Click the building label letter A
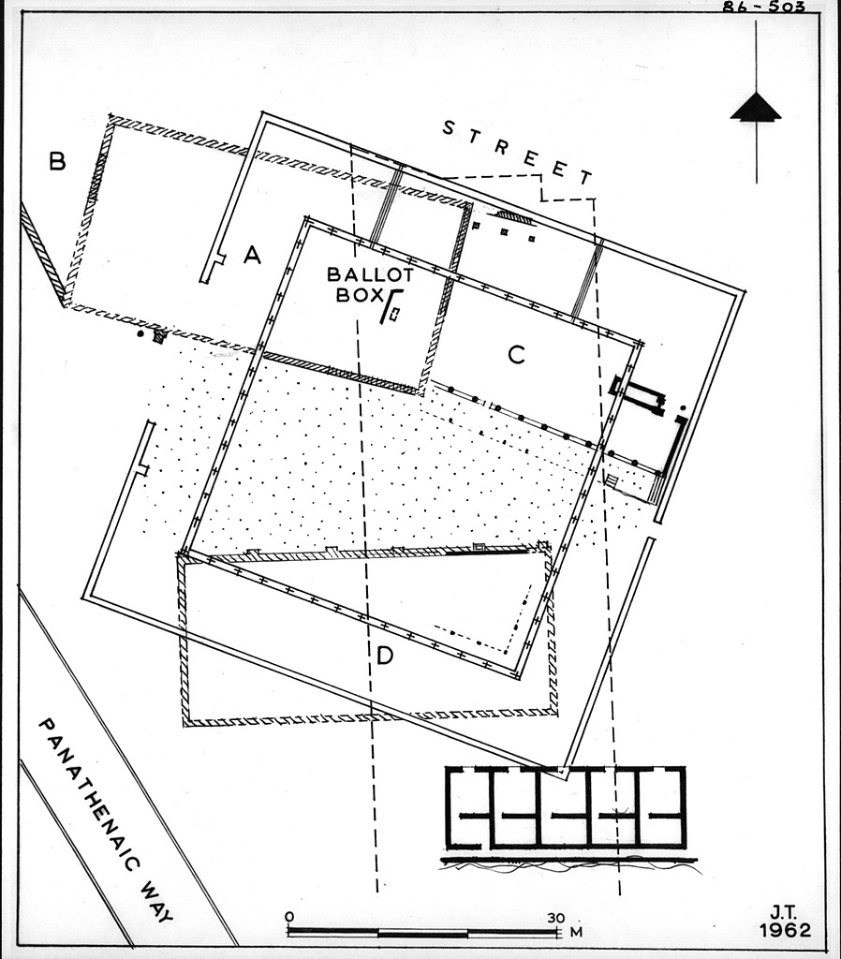(x=252, y=255)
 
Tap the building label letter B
(x=57, y=161)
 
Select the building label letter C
(x=516, y=354)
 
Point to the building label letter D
(x=385, y=657)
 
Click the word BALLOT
(x=370, y=274)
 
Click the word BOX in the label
(x=359, y=295)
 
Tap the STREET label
(x=518, y=153)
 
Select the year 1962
(x=786, y=930)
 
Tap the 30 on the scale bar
(x=556, y=918)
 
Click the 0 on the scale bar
(x=289, y=917)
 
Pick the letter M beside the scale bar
(x=576, y=932)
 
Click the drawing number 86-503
(x=764, y=7)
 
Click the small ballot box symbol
(x=395, y=314)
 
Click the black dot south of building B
(x=140, y=334)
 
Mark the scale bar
(x=423, y=933)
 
